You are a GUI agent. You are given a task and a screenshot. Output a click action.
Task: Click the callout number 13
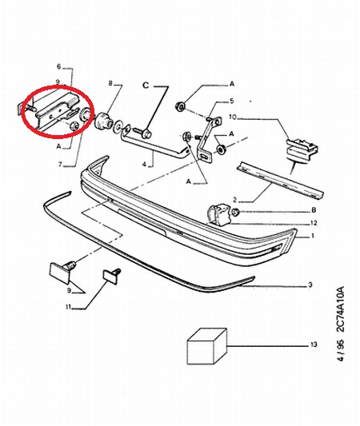coord(314,344)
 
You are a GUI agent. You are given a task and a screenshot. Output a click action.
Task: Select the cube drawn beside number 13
coord(207,346)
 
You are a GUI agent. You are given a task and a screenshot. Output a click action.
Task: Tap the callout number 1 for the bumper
coord(313,236)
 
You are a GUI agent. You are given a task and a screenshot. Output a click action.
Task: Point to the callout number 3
coord(310,285)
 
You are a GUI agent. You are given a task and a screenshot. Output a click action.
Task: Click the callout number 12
coord(314,223)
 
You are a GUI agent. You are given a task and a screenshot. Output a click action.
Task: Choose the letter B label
coord(314,210)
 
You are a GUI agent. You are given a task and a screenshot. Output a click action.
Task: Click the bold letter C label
coord(146,86)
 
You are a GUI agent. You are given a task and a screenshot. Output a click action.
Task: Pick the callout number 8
coord(110,83)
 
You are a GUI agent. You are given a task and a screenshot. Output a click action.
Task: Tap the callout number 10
coord(233,117)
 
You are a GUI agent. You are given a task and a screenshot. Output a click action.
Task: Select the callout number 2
coord(234,201)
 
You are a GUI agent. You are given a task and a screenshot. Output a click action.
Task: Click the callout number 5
coord(232,101)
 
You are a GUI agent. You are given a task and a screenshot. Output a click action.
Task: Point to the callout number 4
coord(144,164)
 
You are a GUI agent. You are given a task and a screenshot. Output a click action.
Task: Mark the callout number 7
coord(60,164)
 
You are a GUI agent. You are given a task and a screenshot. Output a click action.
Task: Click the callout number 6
coord(59,66)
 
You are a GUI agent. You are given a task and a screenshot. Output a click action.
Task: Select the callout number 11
coord(68,307)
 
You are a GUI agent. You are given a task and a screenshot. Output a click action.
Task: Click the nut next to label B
coord(236,211)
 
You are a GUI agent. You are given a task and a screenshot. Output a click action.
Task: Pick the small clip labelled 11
coord(111,276)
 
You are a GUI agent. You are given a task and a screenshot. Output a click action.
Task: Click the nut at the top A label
coord(180,106)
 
